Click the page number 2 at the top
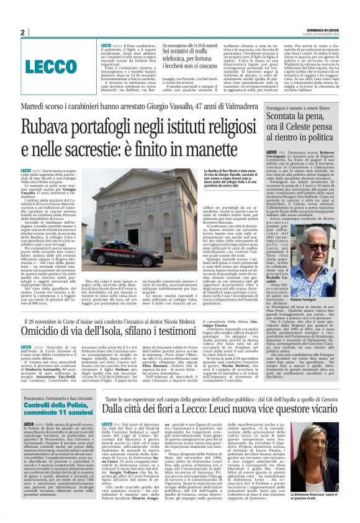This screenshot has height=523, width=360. (x=22, y=32)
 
